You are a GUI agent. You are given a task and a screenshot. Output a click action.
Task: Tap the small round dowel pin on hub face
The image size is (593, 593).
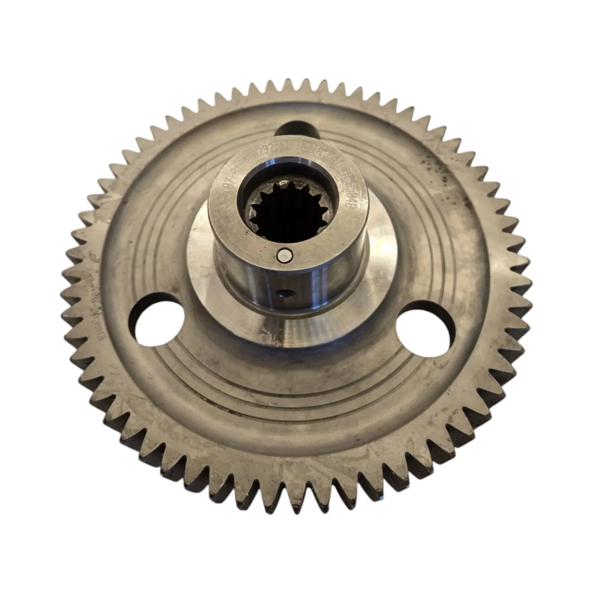(284, 254)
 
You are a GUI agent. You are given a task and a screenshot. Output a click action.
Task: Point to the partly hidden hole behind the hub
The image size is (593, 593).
(296, 130)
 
